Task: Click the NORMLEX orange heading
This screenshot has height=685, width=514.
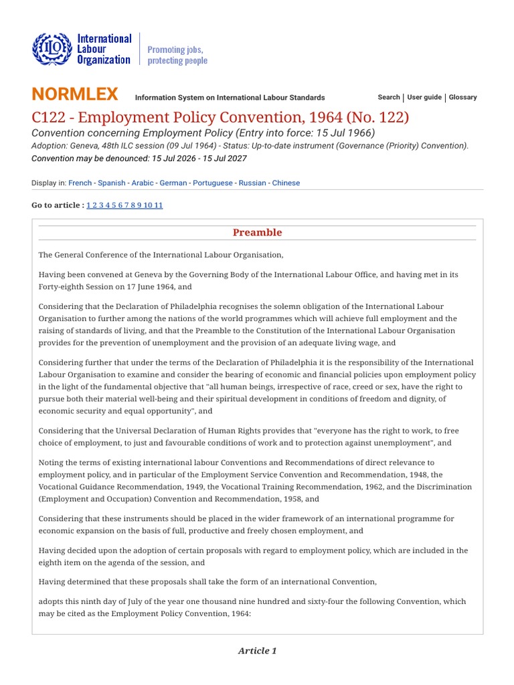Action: (75, 94)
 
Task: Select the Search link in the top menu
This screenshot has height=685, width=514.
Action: (388, 97)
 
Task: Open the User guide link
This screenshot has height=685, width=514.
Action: (424, 97)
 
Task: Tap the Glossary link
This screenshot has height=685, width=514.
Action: (462, 97)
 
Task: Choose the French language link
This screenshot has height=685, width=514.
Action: (80, 183)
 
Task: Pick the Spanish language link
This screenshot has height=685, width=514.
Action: (111, 183)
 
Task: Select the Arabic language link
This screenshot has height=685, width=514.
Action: (142, 183)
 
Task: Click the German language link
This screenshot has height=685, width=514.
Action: (173, 183)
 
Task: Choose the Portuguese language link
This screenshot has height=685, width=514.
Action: (213, 183)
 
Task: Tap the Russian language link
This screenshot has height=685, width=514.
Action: (252, 183)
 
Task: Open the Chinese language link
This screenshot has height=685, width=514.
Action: (286, 183)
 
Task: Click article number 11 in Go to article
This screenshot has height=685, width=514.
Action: (158, 205)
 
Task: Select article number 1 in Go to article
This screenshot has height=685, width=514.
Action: (88, 205)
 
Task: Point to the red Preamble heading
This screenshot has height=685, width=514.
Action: (257, 233)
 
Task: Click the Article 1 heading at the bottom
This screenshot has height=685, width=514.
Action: (257, 651)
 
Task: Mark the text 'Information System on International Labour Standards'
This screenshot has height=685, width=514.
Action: (230, 98)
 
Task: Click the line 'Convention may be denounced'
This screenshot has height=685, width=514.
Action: (139, 159)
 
